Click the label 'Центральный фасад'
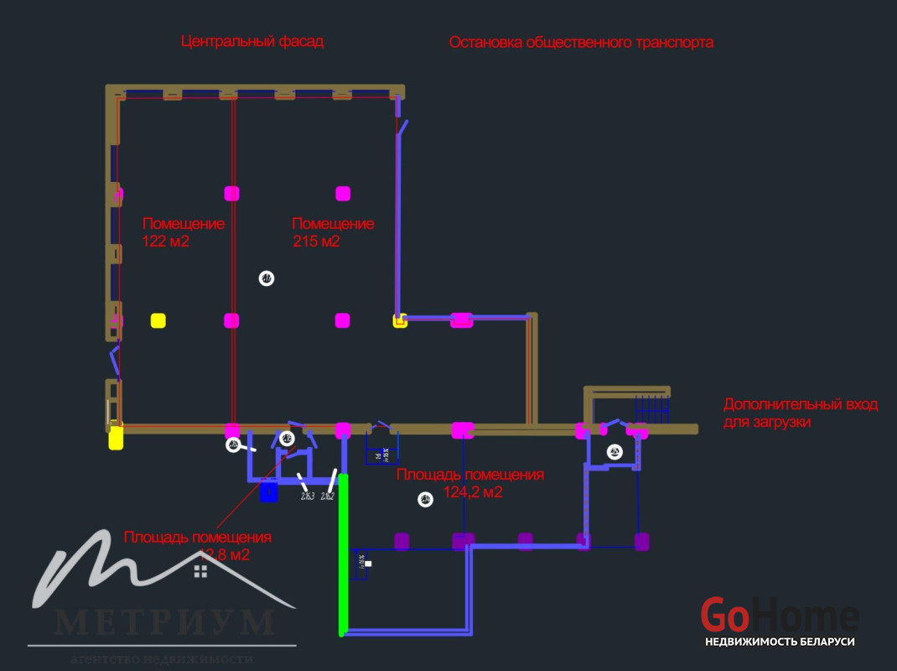[x=252, y=41]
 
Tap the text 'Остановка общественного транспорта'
[x=581, y=42]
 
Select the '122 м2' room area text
[x=166, y=242]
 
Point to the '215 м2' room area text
[x=316, y=242]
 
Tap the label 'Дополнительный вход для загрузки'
[x=800, y=413]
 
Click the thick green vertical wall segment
[x=343, y=554]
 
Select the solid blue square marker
[x=268, y=492]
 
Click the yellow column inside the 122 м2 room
[x=158, y=320]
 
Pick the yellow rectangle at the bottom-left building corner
[x=116, y=438]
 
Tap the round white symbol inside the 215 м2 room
[x=267, y=278]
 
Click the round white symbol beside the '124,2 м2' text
[x=425, y=500]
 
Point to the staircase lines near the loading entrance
[x=652, y=408]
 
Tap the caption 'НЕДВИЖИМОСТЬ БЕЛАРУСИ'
[x=780, y=642]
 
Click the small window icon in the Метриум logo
[x=200, y=571]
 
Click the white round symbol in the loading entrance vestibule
[x=614, y=452]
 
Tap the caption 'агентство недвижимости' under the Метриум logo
[x=162, y=658]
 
